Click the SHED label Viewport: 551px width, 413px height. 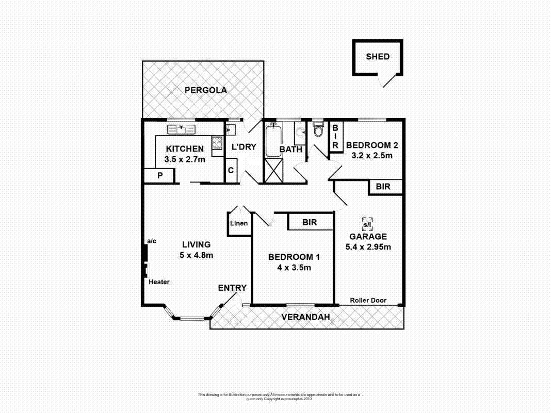pos(377,57)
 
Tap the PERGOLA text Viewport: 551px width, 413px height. pos(206,90)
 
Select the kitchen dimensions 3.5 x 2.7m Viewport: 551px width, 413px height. pos(185,159)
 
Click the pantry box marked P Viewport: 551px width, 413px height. pos(160,176)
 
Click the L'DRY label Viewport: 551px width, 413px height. pos(244,146)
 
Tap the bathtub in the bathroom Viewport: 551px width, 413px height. pos(272,140)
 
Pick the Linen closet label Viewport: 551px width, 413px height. pos(239,224)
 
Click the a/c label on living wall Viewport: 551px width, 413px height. pos(152,241)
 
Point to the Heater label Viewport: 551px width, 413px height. pos(159,282)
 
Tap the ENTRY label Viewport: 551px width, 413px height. pos(232,288)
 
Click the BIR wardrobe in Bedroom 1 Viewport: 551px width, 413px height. pos(309,222)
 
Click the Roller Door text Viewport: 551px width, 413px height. pos(368,300)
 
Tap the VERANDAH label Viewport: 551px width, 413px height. pos(305,317)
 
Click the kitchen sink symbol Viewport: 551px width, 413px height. pos(181,129)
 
